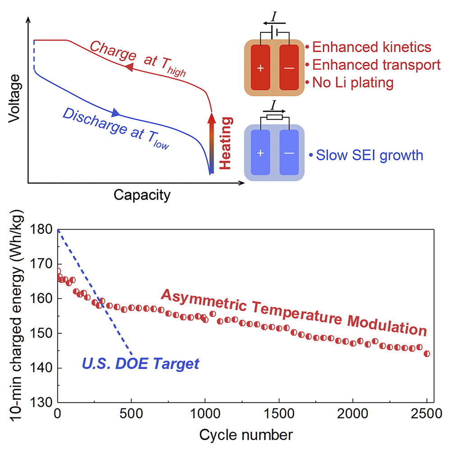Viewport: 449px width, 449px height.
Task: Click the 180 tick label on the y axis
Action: (41, 229)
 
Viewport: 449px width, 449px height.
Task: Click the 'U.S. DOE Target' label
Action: (140, 363)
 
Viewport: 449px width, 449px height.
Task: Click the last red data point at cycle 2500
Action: (426, 353)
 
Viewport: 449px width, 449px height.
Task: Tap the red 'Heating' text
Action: (227, 143)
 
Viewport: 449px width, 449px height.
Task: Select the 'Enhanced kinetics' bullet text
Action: (371, 47)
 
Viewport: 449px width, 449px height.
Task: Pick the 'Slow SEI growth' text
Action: (370, 156)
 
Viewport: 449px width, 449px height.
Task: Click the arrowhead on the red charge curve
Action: (129, 67)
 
